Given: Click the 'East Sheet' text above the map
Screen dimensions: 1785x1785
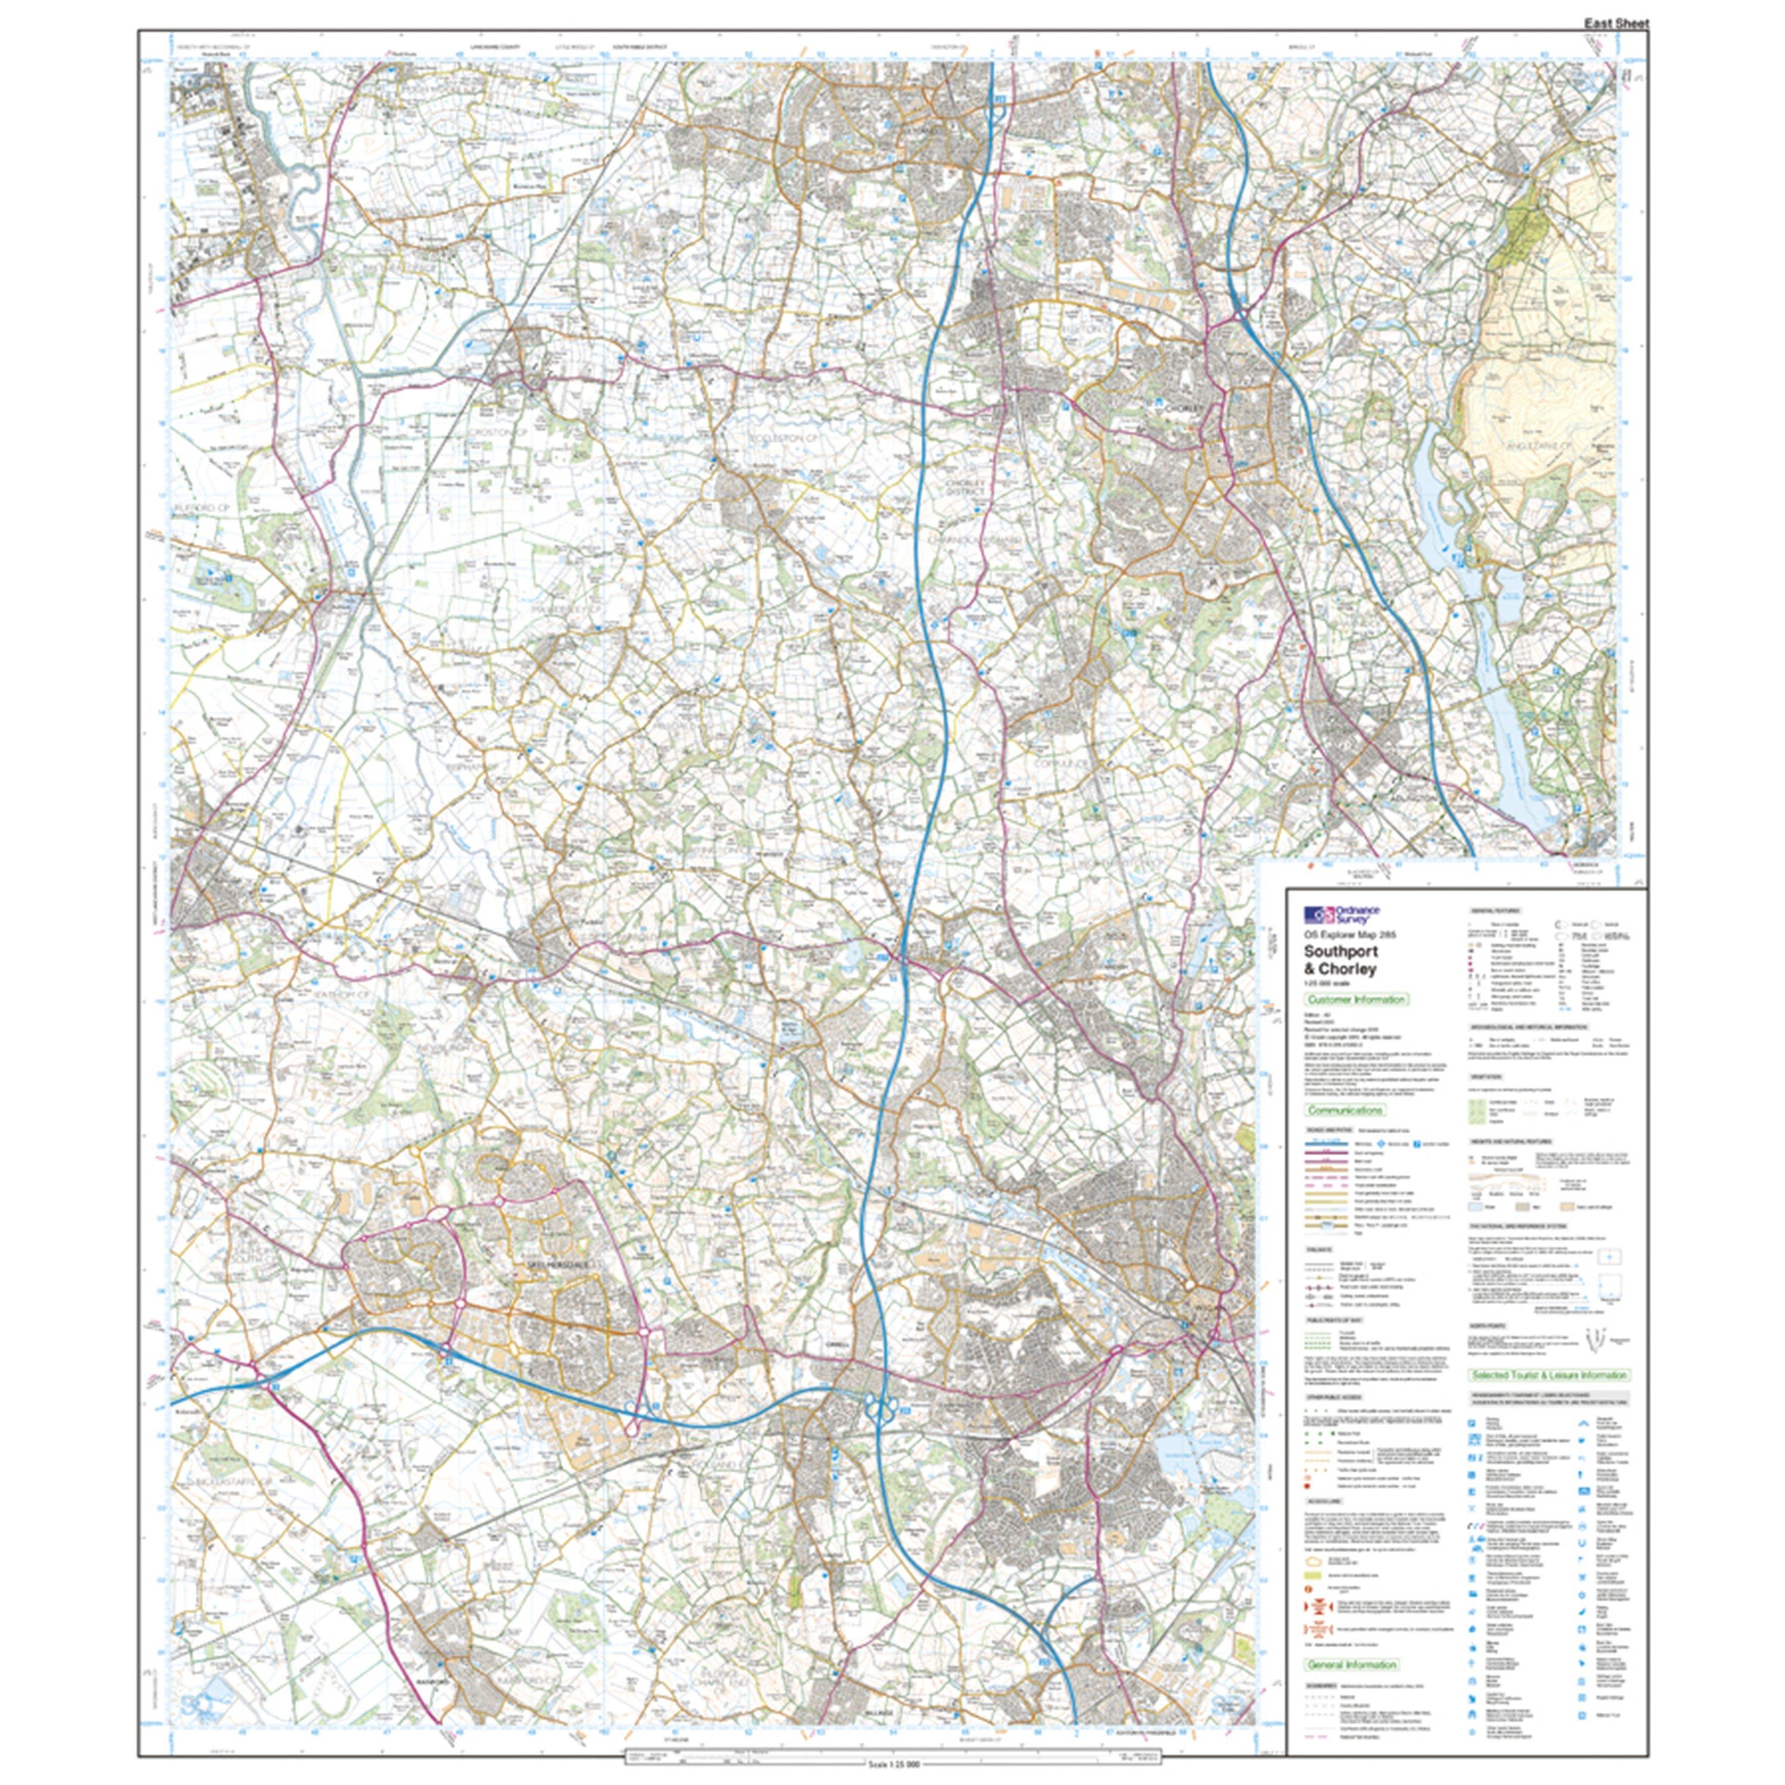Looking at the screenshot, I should click(x=1617, y=23).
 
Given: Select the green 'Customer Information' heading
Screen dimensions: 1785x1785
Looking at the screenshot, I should click(x=1357, y=1000).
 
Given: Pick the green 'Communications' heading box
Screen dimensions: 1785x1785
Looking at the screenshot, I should click(x=1344, y=1110).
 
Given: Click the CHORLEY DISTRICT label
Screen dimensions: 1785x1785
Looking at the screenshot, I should click(x=968, y=486).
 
